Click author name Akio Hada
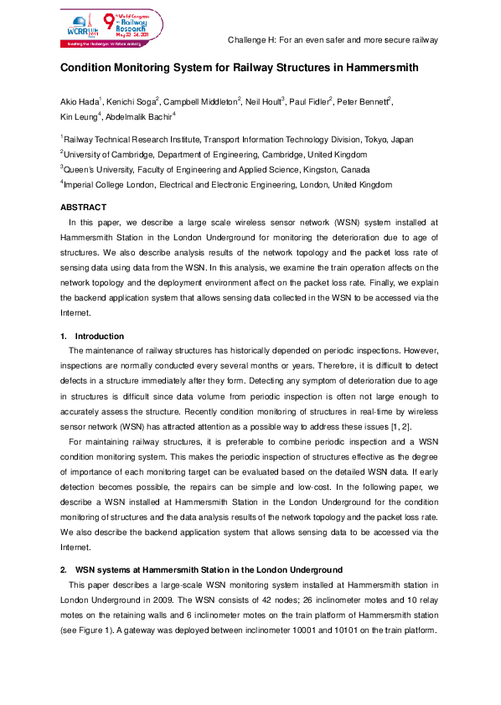coord(81,101)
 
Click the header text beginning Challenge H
coord(333,39)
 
